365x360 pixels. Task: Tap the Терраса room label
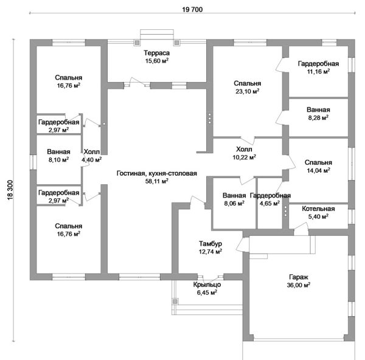[x=157, y=53]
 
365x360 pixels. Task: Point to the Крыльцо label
[x=207, y=284]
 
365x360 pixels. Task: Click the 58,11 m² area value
[x=157, y=181]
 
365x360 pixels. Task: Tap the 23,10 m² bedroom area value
[x=247, y=91]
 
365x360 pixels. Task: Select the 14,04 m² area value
[x=318, y=171]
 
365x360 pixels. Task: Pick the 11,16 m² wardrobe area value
[x=318, y=71]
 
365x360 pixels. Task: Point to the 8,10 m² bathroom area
[x=58, y=159]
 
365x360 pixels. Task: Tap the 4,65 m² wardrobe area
[x=269, y=203]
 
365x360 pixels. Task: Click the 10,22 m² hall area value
[x=243, y=156]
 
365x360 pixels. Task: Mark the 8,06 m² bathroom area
[x=234, y=203]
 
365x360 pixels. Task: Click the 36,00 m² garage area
[x=298, y=285]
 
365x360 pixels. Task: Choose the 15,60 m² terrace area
[x=157, y=61]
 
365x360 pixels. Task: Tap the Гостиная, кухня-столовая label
[x=157, y=173]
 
